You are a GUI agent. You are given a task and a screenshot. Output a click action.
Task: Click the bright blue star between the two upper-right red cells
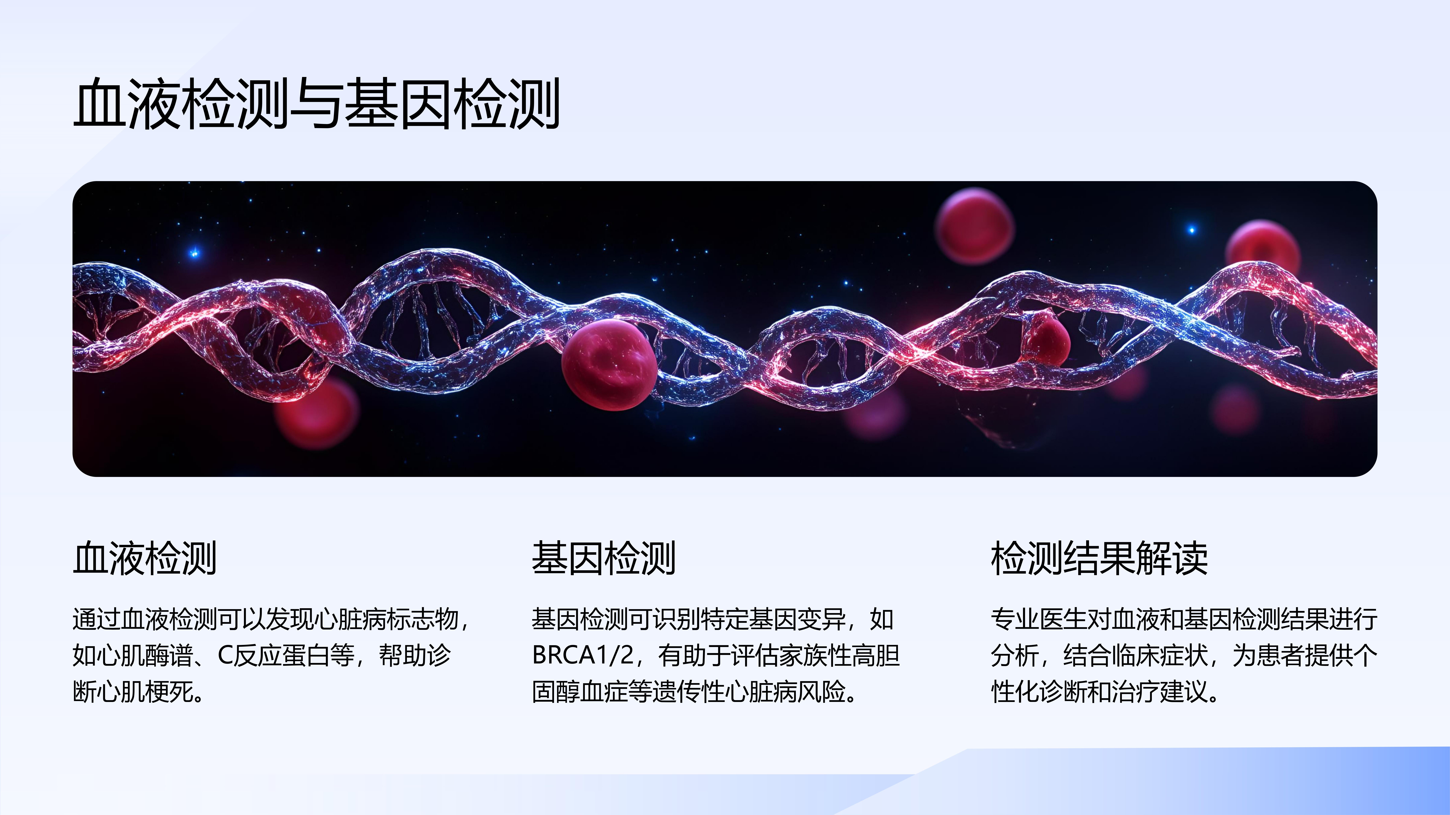(x=1191, y=229)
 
